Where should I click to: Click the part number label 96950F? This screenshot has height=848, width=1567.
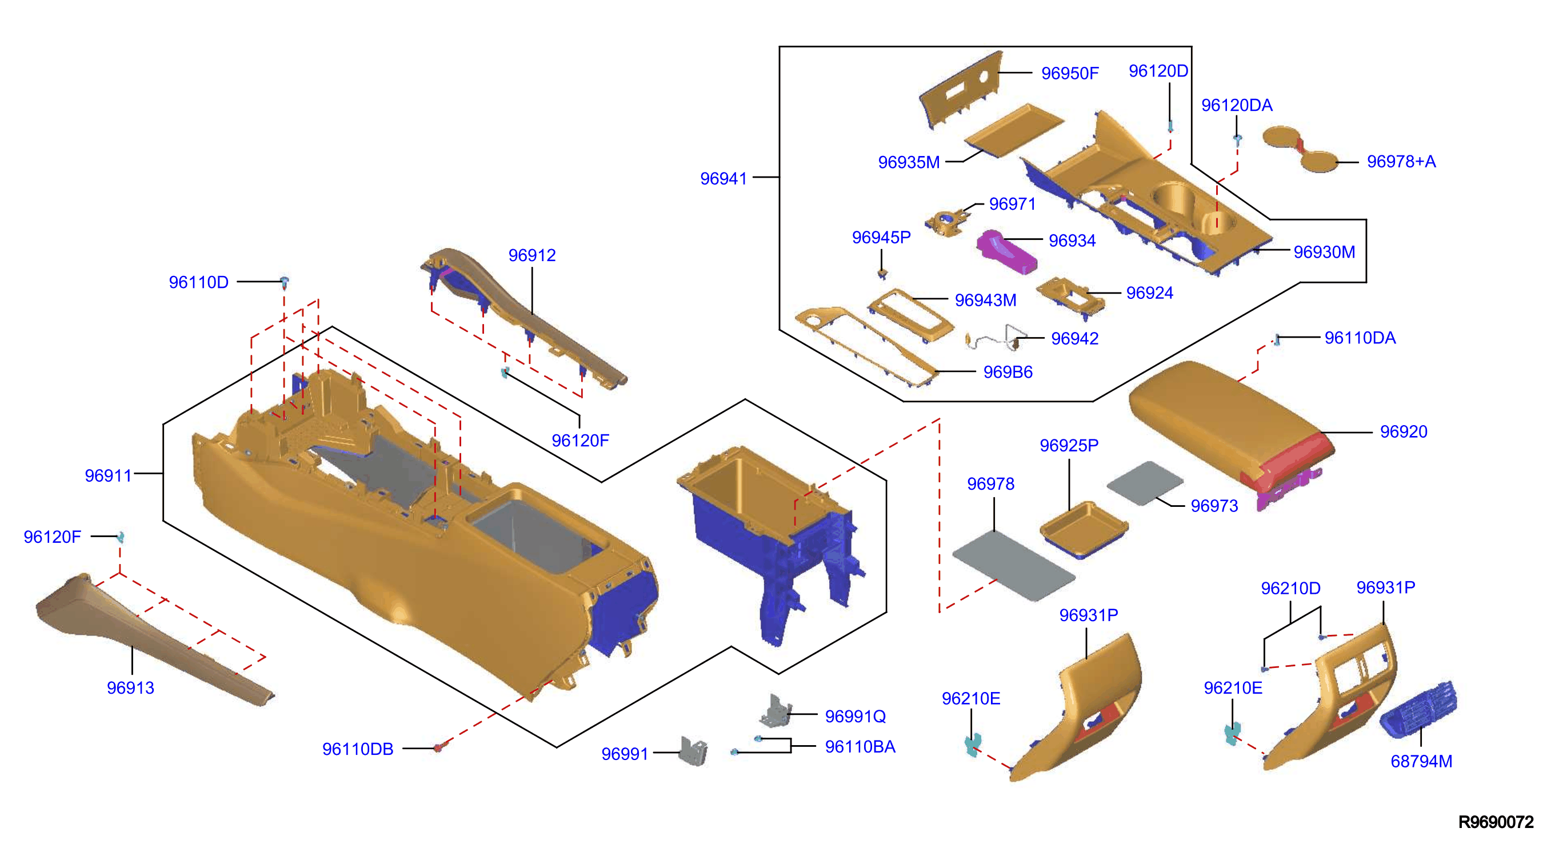[1069, 74]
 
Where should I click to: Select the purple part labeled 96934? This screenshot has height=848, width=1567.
[1006, 252]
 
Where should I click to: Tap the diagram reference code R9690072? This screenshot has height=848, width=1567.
[1495, 822]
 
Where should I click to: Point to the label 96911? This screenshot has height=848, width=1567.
[107, 475]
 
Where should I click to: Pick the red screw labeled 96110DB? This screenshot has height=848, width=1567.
[438, 747]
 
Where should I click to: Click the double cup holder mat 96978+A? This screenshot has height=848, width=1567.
[1300, 149]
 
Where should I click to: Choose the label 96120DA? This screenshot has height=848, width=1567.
[1236, 106]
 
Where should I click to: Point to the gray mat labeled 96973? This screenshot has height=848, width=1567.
[1144, 482]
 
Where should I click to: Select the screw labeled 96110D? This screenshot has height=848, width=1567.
[284, 282]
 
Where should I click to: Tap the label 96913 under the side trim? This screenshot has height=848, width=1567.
[130, 688]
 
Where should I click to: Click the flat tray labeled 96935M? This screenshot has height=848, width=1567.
[1014, 130]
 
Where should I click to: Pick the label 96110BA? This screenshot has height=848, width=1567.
[860, 747]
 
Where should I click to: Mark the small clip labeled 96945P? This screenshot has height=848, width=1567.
[882, 273]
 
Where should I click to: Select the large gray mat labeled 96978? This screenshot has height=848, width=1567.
[1012, 565]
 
